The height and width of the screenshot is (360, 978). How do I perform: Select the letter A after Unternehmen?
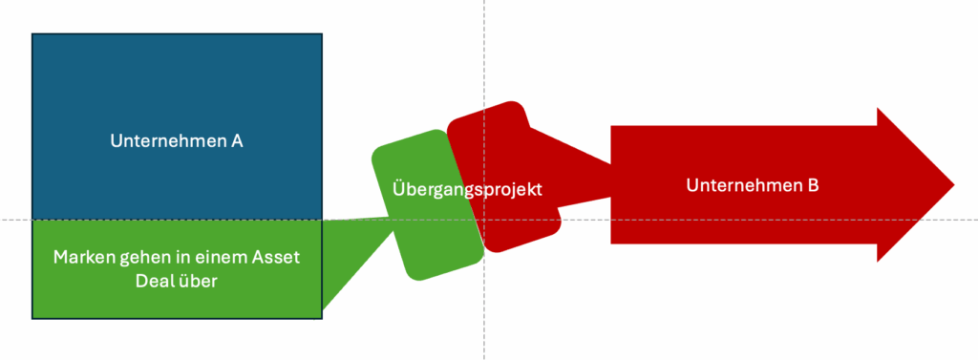pyautogui.click(x=236, y=141)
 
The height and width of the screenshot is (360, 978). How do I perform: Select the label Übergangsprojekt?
pyautogui.click(x=467, y=189)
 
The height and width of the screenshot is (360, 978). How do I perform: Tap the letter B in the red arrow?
pyautogui.click(x=813, y=185)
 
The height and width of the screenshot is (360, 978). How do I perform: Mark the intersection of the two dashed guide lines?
pyautogui.click(x=484, y=221)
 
